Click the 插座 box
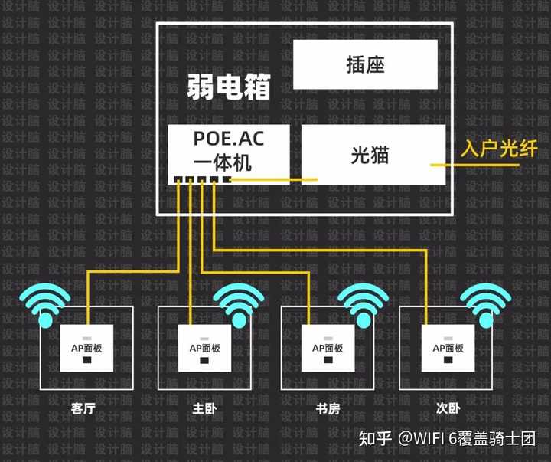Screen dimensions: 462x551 (x=366, y=64)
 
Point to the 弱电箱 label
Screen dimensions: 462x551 (x=229, y=87)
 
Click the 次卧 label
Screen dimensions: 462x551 (x=448, y=409)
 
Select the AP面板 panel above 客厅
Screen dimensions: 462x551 (x=86, y=349)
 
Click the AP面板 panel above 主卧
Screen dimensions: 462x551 (x=204, y=349)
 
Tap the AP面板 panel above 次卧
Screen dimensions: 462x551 (x=448, y=349)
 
